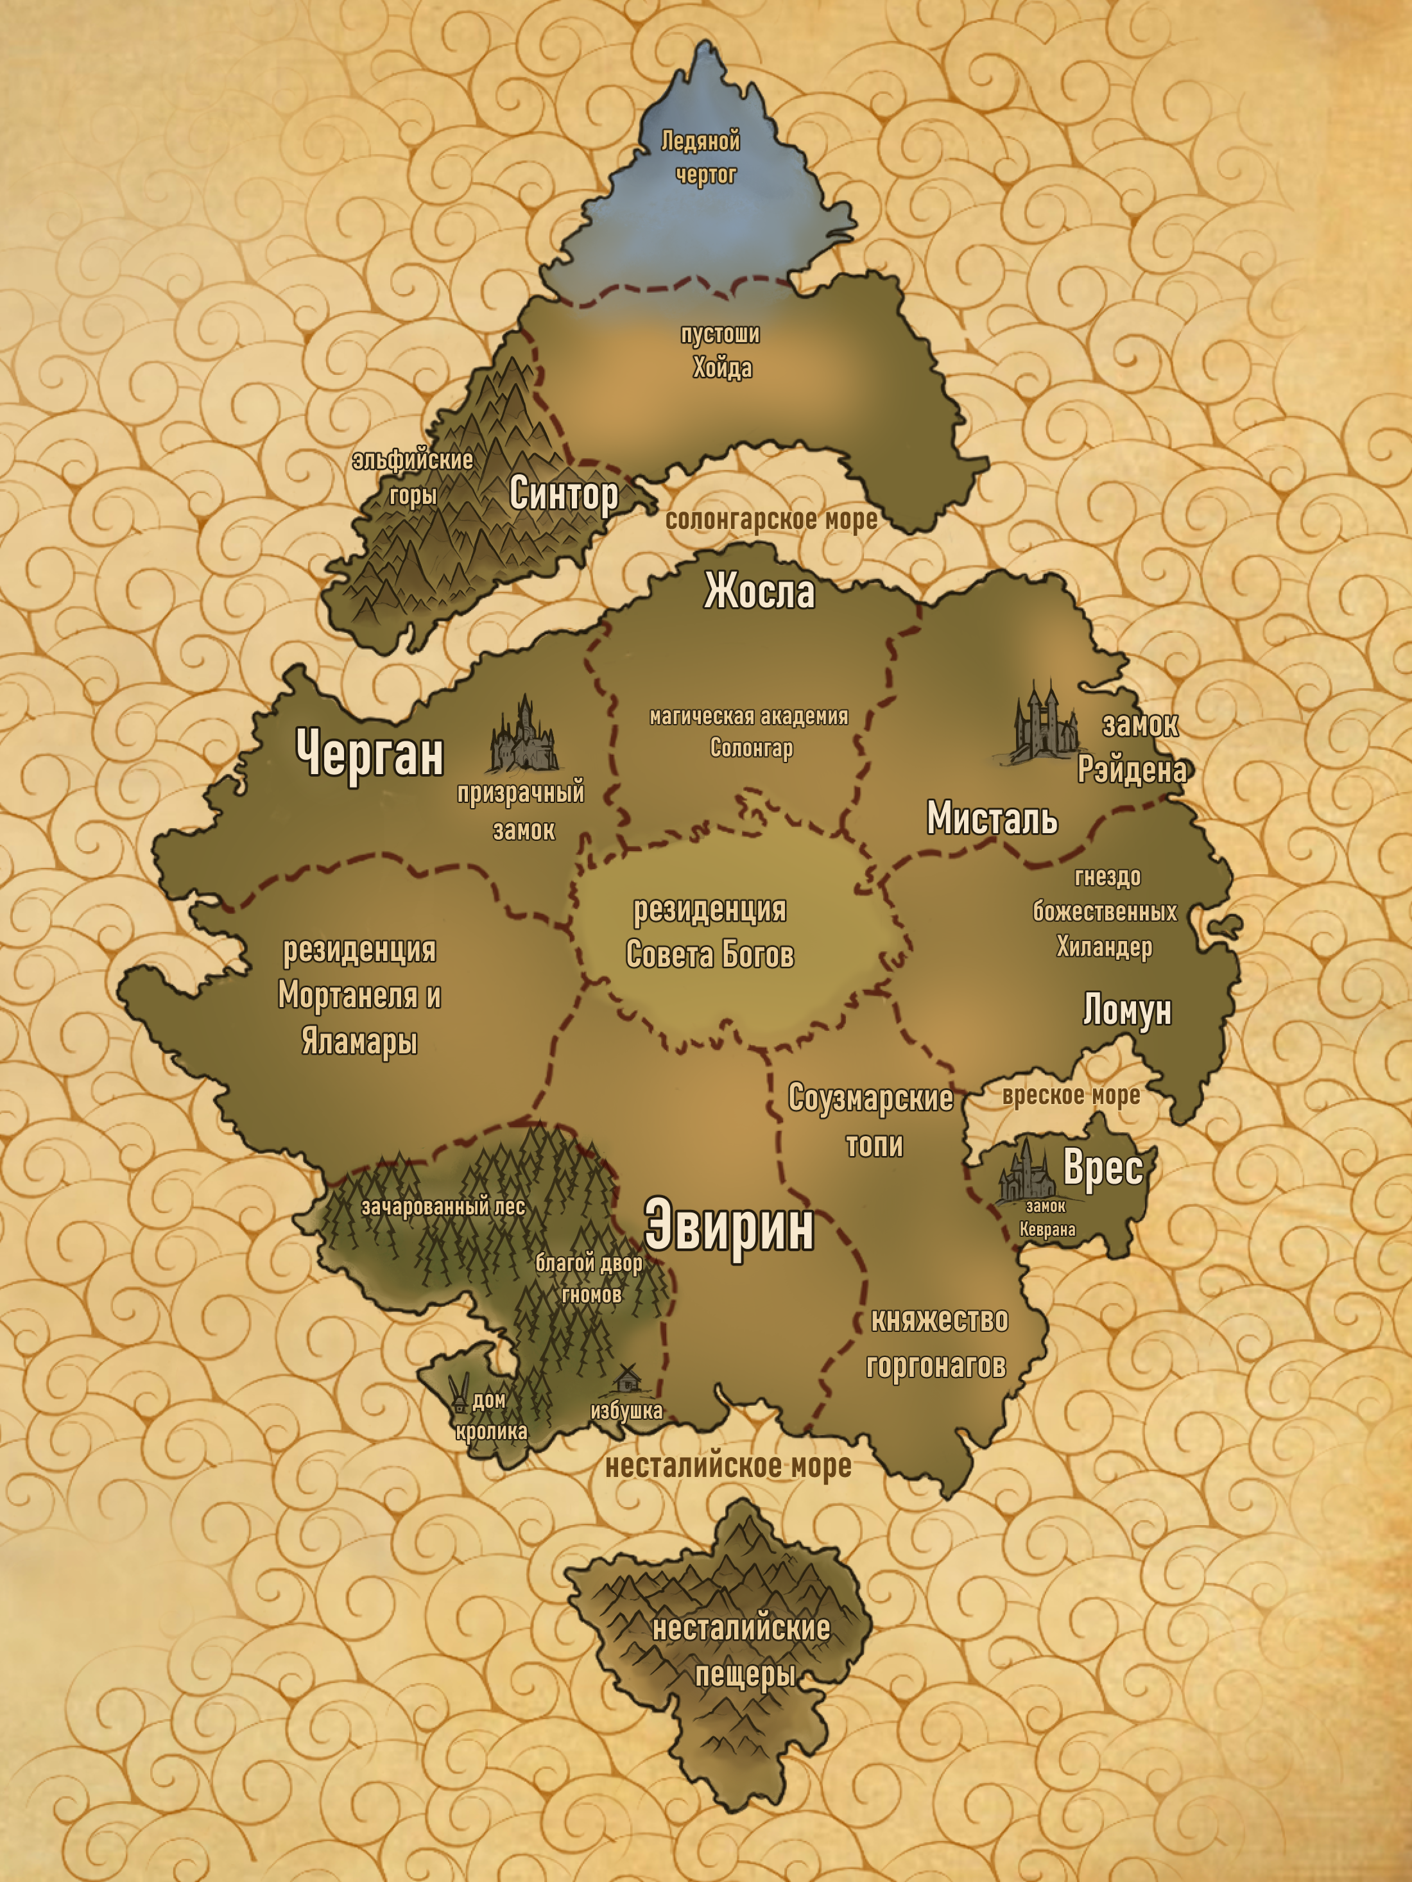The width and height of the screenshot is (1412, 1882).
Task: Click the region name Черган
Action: (370, 753)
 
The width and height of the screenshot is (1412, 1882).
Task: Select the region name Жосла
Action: (759, 591)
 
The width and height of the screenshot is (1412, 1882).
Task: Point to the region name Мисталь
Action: (992, 818)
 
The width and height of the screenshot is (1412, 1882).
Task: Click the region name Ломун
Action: (1127, 1011)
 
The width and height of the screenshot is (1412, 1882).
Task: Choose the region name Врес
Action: (1103, 1168)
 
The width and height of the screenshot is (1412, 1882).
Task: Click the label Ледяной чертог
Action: (702, 157)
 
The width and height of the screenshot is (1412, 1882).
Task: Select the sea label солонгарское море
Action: (771, 520)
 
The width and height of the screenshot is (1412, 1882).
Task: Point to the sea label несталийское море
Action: (728, 1466)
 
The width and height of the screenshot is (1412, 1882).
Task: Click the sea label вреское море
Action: (1071, 1095)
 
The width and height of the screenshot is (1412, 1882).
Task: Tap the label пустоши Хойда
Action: (721, 351)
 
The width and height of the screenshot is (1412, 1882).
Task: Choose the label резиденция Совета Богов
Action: (710, 931)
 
